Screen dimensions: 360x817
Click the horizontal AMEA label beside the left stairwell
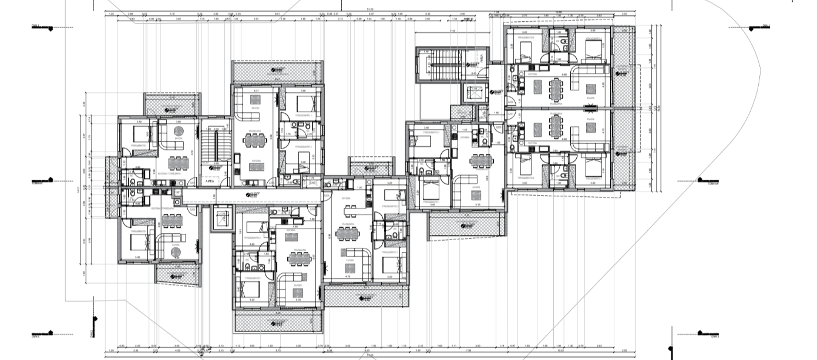point(209,182)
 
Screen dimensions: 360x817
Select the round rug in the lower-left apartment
point(176,251)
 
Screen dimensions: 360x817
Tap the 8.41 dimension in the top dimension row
point(277,12)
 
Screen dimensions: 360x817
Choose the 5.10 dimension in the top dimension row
point(172,12)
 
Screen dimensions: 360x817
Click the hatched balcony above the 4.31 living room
point(277,72)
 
